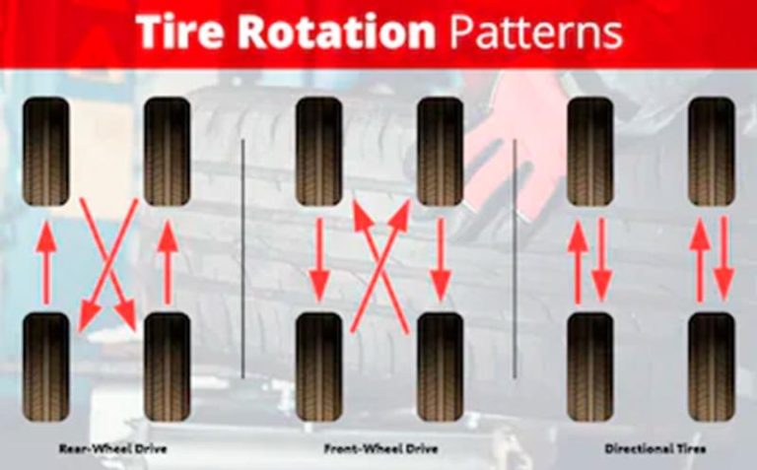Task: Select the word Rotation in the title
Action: (337, 32)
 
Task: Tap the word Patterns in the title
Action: (536, 32)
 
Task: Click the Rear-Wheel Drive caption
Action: (112, 448)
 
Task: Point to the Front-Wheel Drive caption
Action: (380, 448)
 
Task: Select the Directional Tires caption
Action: (655, 448)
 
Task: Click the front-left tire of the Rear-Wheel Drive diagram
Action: (46, 152)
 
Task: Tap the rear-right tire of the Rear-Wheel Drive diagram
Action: (167, 368)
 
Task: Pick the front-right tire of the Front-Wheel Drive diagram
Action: (440, 152)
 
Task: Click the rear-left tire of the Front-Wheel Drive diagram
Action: (318, 368)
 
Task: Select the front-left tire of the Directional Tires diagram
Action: (590, 152)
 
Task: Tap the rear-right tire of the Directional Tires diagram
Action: (712, 368)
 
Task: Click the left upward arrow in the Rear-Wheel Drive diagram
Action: (46, 262)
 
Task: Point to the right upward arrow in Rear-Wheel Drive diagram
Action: (168, 262)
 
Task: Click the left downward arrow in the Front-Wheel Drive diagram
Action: (319, 260)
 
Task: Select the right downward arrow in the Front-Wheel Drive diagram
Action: (441, 260)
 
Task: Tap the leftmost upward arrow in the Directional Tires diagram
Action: (578, 262)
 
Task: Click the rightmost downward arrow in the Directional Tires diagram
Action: (723, 259)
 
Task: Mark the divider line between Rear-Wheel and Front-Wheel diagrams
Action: (242, 258)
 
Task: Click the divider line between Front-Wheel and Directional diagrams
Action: (515, 258)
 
